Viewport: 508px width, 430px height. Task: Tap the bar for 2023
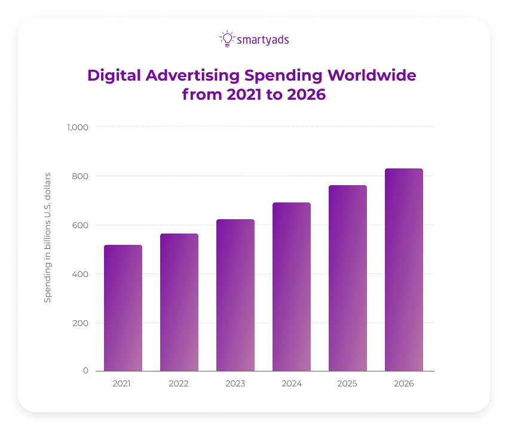pos(235,295)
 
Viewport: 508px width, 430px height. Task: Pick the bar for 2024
pos(292,287)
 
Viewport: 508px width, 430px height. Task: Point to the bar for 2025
pos(348,278)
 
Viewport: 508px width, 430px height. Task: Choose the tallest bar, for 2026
pos(404,269)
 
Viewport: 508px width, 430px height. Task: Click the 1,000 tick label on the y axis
pos(77,127)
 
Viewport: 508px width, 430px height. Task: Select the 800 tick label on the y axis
pos(81,176)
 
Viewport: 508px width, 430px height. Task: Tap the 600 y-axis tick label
pos(81,225)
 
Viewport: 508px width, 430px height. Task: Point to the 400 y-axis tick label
pos(81,274)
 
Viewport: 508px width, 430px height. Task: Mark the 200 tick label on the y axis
pos(81,323)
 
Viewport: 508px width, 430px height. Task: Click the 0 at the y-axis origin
pos(85,370)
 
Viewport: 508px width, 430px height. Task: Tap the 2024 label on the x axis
pos(292,383)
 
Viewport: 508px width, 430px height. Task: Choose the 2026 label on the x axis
pos(404,383)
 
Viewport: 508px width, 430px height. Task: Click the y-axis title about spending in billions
pos(48,237)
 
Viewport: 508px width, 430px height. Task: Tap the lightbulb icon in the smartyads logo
pos(227,39)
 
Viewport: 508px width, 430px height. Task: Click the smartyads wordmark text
pos(263,40)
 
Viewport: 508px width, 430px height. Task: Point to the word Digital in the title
pos(110,76)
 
